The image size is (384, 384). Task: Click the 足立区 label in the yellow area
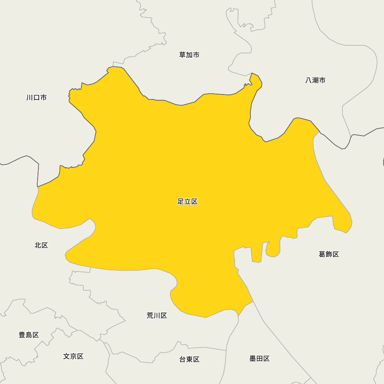point(187,202)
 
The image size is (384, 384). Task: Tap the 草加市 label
point(189,55)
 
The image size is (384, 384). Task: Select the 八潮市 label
point(315,80)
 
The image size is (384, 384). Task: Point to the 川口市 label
point(36,98)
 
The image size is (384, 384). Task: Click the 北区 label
point(41,245)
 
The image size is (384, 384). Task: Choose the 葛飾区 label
point(329,254)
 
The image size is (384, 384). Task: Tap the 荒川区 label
point(157,316)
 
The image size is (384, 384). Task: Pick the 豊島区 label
point(29,335)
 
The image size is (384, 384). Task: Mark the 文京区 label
point(73,356)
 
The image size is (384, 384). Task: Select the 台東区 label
point(189,359)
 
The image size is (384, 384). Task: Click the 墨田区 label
point(260,359)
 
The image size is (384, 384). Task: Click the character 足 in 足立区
point(181,202)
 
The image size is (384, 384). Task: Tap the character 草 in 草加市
point(183,55)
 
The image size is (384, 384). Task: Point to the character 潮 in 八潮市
point(315,80)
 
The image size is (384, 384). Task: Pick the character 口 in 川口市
point(36,98)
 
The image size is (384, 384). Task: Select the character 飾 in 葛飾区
point(329,254)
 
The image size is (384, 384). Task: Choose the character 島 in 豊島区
point(29,335)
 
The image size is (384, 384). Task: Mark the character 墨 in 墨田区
point(253,359)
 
